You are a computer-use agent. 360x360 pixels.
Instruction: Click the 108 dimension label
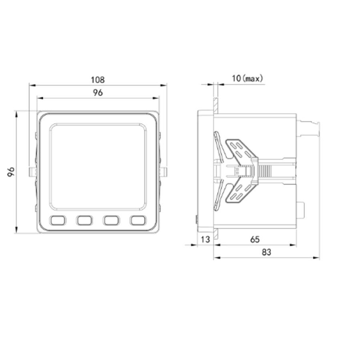pyautogui.click(x=98, y=80)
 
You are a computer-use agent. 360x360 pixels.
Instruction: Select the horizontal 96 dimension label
pyautogui.click(x=98, y=93)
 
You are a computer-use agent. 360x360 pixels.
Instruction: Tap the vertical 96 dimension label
pyautogui.click(x=11, y=172)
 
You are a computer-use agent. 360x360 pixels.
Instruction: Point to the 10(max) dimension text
pyautogui.click(x=247, y=78)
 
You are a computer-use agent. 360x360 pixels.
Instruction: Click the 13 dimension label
pyautogui.click(x=206, y=239)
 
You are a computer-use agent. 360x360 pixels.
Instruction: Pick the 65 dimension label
pyautogui.click(x=255, y=239)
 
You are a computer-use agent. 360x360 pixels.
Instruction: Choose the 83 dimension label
pyautogui.click(x=266, y=252)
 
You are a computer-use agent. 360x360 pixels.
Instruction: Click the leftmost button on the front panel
pyautogui.click(x=58, y=220)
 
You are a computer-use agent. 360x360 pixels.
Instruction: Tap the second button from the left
pyautogui.click(x=85, y=220)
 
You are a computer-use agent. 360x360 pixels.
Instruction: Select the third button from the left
pyautogui.click(x=111, y=220)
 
